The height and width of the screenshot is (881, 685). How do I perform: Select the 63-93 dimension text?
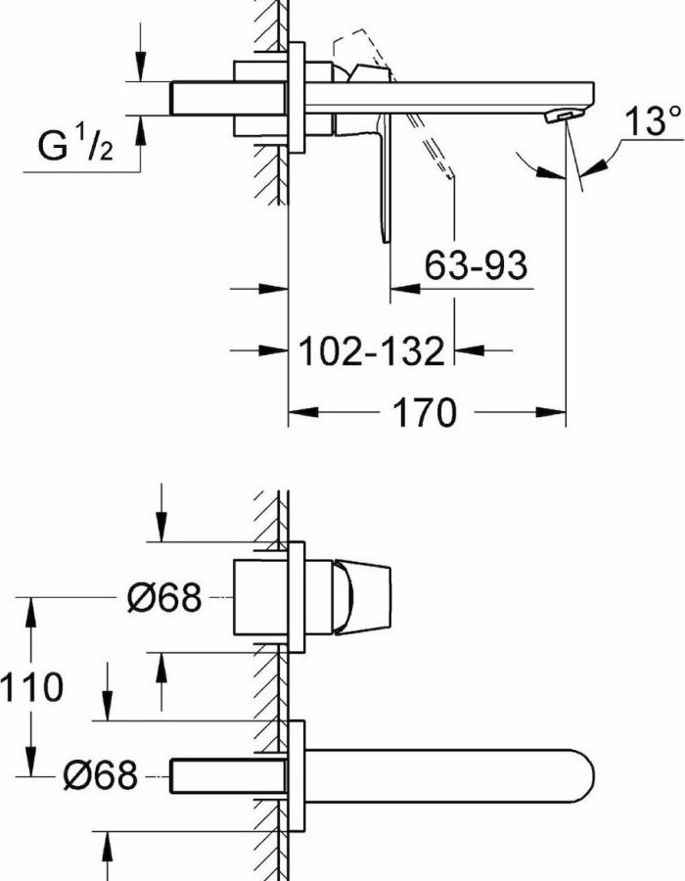476,265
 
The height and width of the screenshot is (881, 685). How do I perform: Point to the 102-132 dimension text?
371,351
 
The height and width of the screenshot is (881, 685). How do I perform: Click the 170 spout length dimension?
425,412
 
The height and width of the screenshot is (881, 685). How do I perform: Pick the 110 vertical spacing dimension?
31,686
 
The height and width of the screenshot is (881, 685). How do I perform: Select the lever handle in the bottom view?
362,597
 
